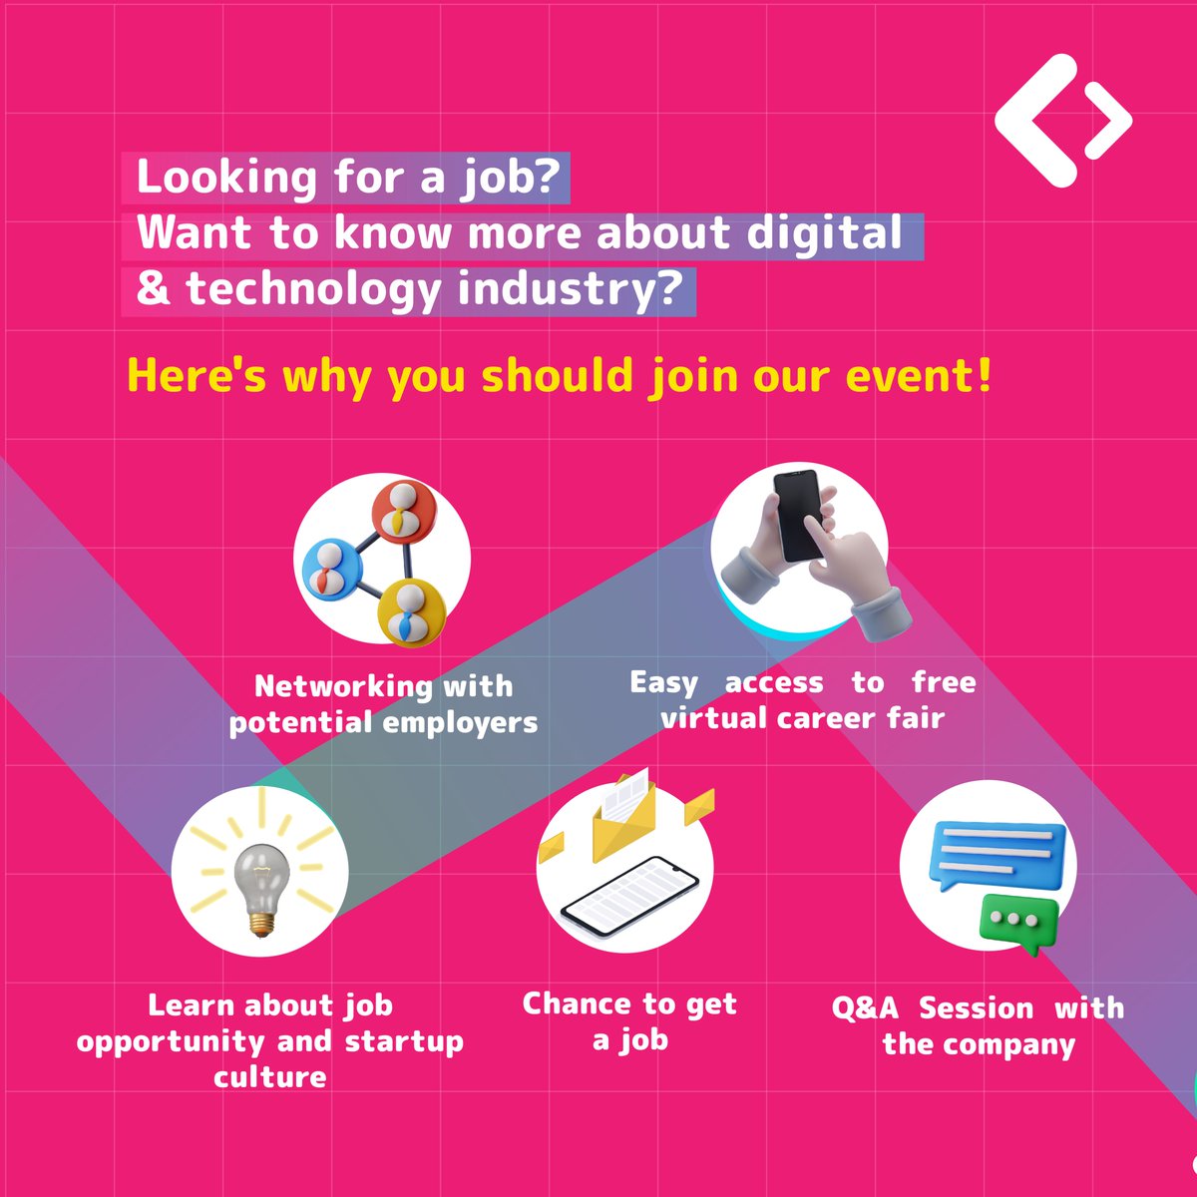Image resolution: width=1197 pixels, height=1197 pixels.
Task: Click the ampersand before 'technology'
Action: tap(154, 289)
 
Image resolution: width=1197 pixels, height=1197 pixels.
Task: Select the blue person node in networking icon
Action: tap(329, 569)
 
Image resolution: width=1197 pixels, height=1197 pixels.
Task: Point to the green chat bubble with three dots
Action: tap(1017, 920)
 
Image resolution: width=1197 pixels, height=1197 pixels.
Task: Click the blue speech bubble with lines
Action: tap(997, 856)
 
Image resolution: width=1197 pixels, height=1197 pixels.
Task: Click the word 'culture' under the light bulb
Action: tap(269, 1077)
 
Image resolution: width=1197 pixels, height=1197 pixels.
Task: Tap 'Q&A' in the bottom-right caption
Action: tap(865, 1007)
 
